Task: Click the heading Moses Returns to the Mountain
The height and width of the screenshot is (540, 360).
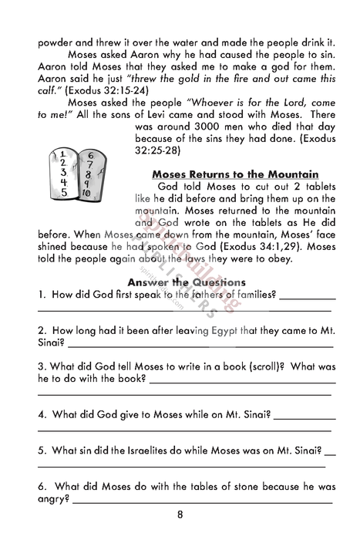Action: click(x=235, y=174)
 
